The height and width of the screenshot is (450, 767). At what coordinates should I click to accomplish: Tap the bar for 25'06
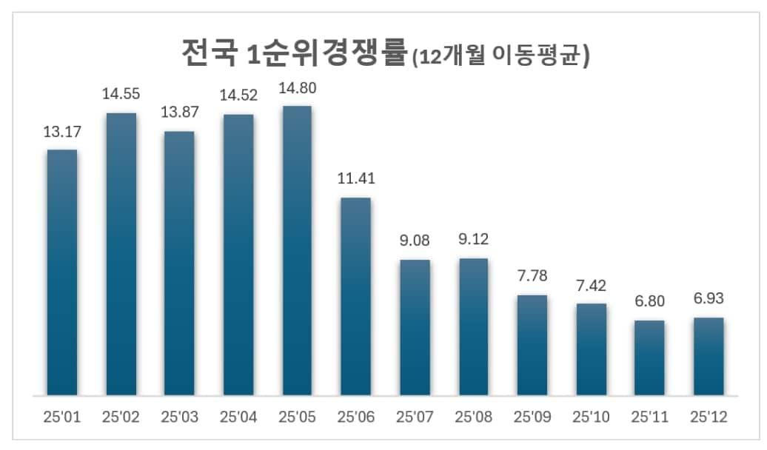(355, 296)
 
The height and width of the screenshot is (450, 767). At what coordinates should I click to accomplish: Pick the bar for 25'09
(532, 345)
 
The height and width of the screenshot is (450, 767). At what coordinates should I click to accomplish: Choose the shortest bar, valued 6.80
(649, 357)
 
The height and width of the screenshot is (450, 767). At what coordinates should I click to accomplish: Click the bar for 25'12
(709, 356)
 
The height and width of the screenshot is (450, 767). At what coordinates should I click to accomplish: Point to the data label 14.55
(121, 94)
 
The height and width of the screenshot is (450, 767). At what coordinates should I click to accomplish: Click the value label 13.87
(180, 113)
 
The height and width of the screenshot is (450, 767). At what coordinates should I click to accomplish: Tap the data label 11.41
(355, 178)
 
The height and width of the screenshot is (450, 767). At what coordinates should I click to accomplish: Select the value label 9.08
(415, 241)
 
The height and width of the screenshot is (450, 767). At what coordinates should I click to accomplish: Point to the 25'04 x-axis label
(238, 417)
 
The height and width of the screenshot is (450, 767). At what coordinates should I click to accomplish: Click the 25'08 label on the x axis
(473, 417)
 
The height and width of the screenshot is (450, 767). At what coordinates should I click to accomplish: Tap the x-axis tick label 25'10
(592, 417)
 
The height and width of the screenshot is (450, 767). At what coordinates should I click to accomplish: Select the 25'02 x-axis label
(121, 417)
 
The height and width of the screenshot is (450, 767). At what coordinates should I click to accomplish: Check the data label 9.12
(473, 239)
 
